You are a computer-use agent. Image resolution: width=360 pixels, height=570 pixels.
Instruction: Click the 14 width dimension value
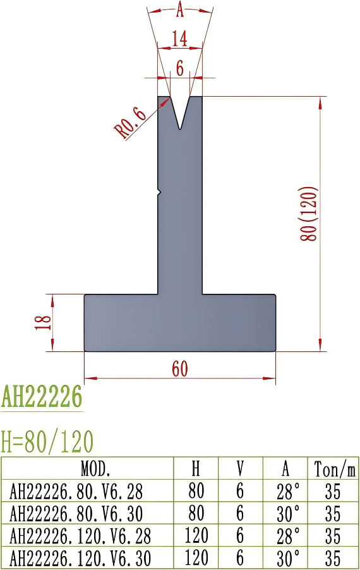click(x=180, y=39)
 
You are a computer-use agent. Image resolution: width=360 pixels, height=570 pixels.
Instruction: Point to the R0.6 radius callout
click(x=131, y=123)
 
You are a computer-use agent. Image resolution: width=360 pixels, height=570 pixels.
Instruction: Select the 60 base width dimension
click(x=180, y=369)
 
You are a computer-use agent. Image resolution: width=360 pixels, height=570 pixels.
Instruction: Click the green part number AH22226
click(x=42, y=397)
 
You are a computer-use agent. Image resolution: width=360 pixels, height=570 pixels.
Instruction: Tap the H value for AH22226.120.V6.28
click(x=196, y=536)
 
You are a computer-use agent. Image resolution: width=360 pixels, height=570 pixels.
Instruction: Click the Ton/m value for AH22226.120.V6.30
click(x=333, y=558)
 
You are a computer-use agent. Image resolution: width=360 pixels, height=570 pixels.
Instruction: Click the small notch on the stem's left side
click(x=160, y=191)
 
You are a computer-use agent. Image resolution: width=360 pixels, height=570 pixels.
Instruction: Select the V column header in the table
click(x=240, y=469)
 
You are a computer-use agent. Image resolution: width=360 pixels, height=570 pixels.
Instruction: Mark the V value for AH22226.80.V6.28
click(x=240, y=491)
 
